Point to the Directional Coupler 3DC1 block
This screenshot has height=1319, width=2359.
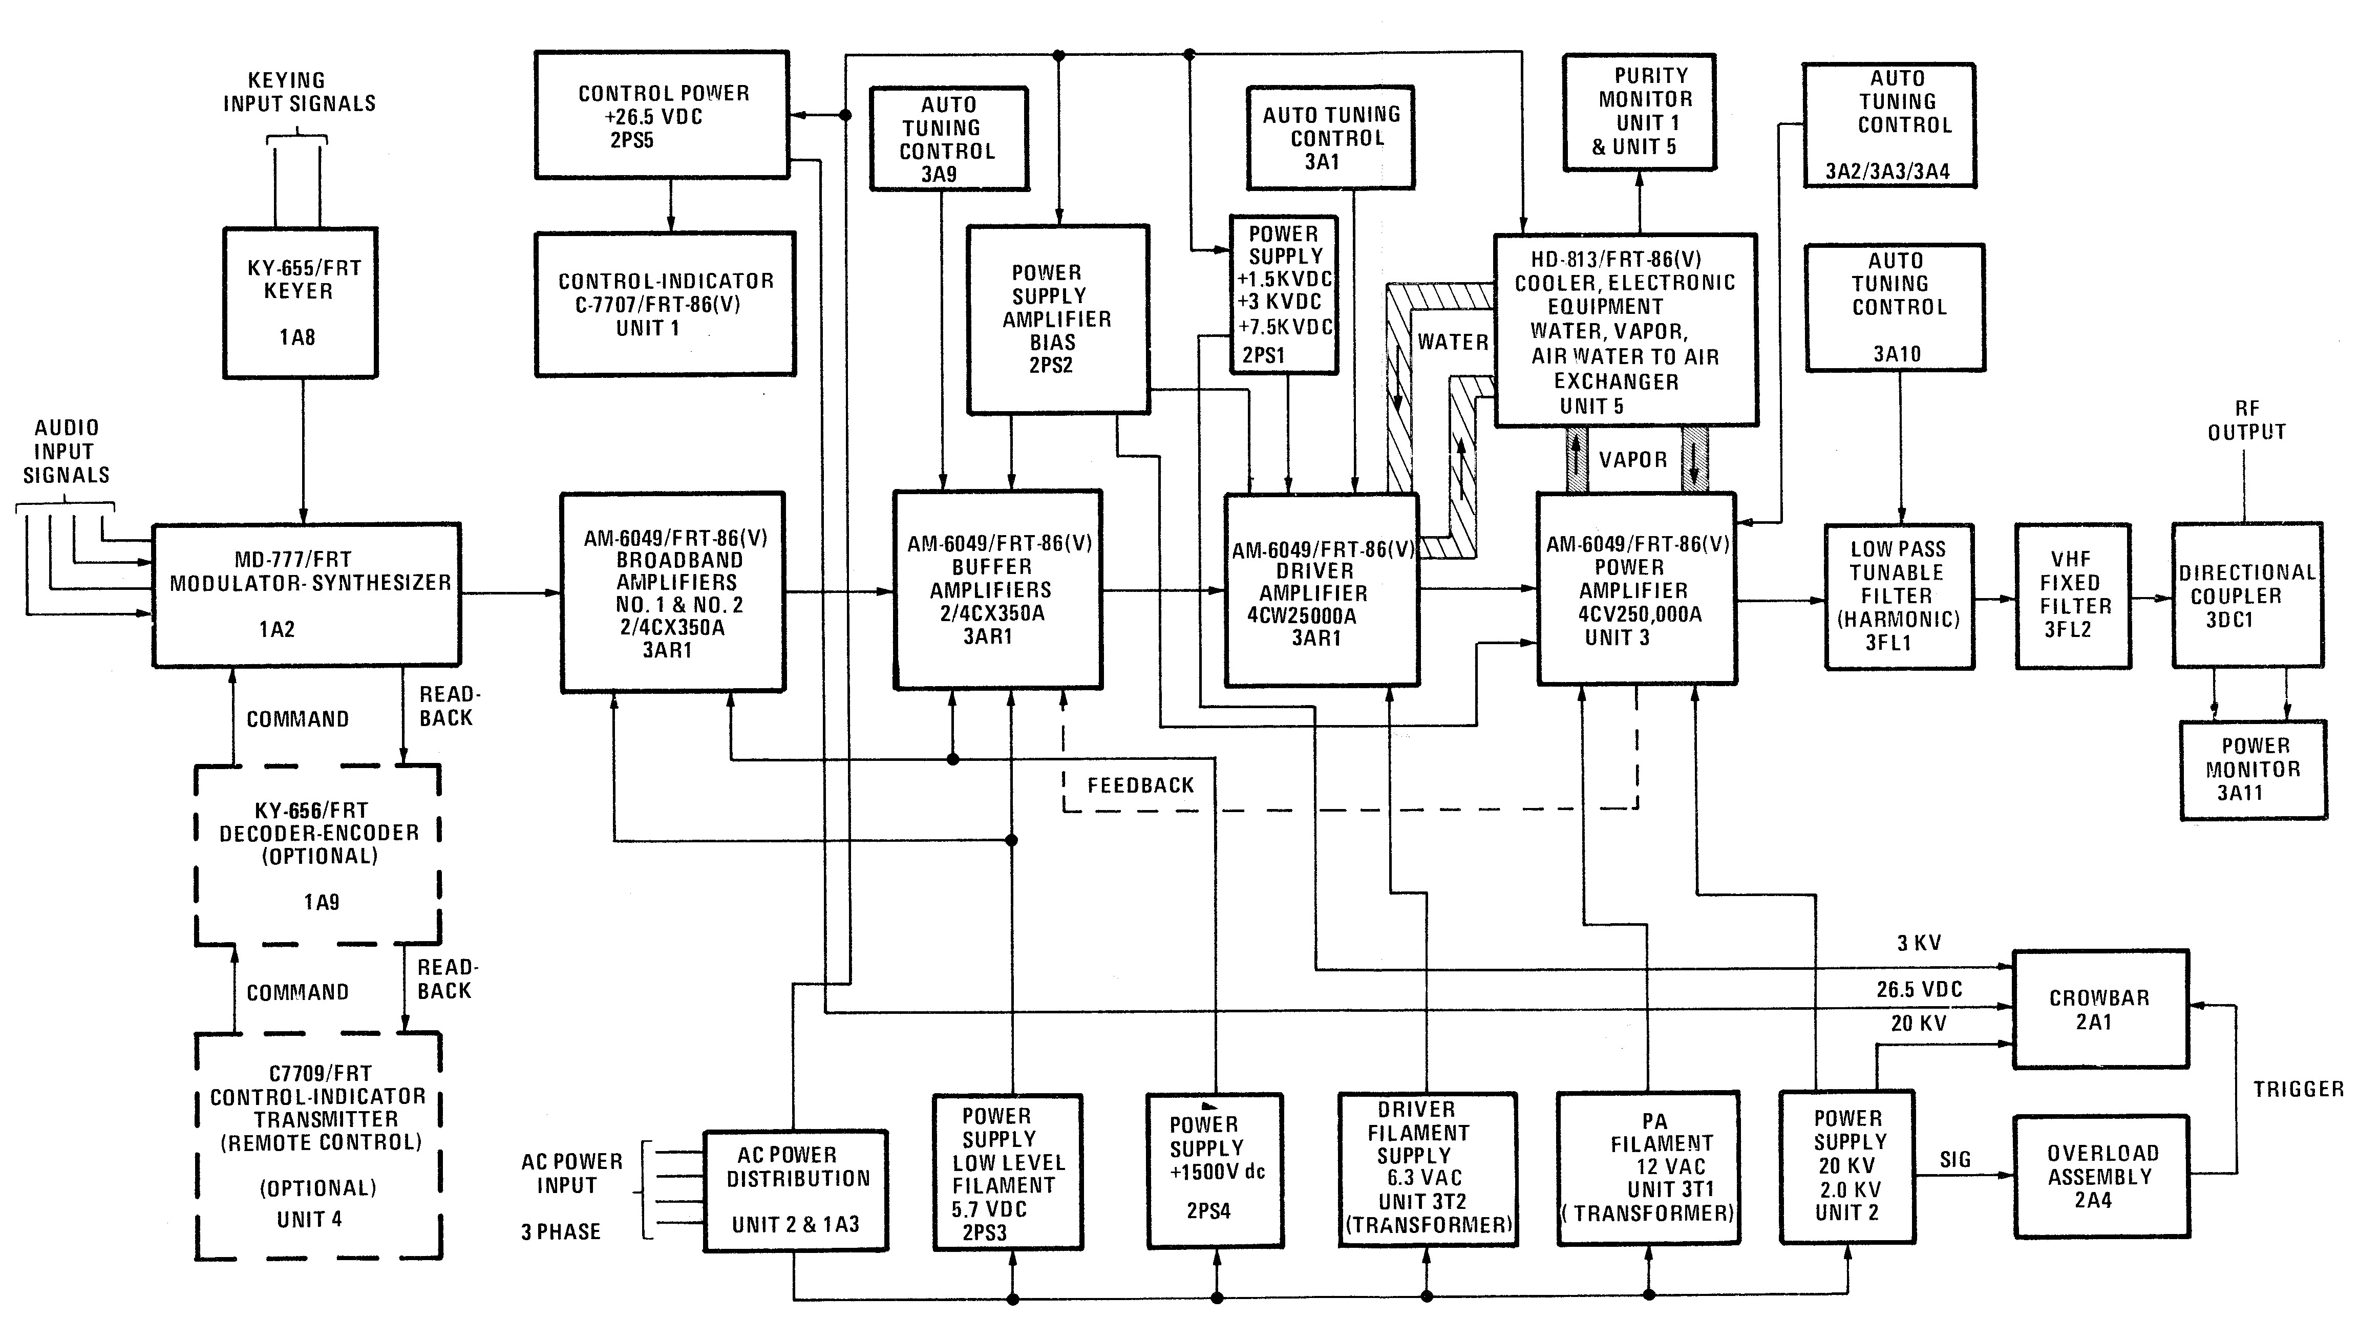pyautogui.click(x=2247, y=595)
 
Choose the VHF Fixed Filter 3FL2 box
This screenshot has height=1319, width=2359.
pyautogui.click(x=2072, y=595)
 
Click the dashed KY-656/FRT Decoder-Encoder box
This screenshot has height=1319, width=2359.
pyautogui.click(x=318, y=855)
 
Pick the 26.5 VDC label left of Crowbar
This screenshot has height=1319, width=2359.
pyautogui.click(x=1919, y=989)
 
